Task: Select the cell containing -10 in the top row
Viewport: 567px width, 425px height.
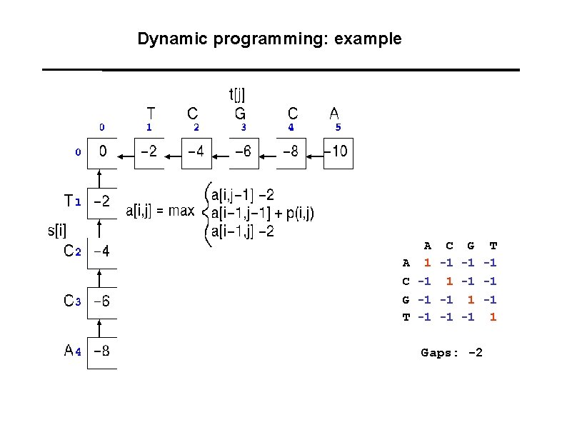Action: pyautogui.click(x=339, y=152)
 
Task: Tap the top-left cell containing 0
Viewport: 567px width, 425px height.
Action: pyautogui.click(x=102, y=152)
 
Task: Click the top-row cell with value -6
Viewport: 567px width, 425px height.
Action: pyautogui.click(x=244, y=152)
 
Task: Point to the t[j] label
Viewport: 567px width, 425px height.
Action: pyautogui.click(x=236, y=94)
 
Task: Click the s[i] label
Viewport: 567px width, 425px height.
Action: pyautogui.click(x=56, y=230)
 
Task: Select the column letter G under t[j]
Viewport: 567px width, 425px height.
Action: pyautogui.click(x=241, y=114)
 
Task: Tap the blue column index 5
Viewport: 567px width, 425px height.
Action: pyautogui.click(x=338, y=128)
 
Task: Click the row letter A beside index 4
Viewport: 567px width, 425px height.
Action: pyautogui.click(x=69, y=351)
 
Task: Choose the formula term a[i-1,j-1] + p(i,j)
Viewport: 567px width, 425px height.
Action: pyautogui.click(x=262, y=213)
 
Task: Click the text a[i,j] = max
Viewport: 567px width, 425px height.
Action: pyautogui.click(x=160, y=211)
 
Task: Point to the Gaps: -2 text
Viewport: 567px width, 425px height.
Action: pyautogui.click(x=451, y=352)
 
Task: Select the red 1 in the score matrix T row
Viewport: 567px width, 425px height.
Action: pyautogui.click(x=493, y=316)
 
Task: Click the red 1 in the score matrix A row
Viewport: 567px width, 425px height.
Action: pyautogui.click(x=427, y=264)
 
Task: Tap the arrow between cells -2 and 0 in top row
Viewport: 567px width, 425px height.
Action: pyautogui.click(x=126, y=153)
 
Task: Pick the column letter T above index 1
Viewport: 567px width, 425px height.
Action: pyautogui.click(x=150, y=114)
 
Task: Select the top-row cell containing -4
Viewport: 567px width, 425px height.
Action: pyautogui.click(x=197, y=152)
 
